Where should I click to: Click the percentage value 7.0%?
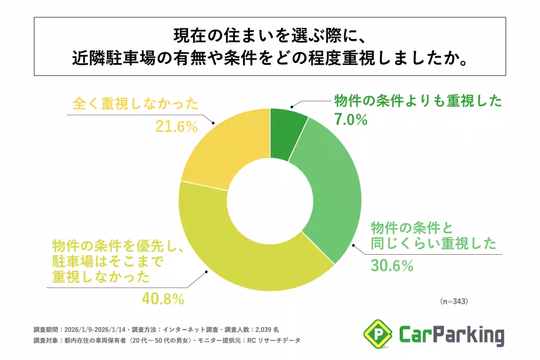pos(351,119)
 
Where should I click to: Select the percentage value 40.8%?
pos(163,298)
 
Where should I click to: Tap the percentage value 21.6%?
pos(177,126)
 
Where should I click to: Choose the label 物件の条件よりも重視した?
pos(417,101)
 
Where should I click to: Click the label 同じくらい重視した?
pos(433,243)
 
